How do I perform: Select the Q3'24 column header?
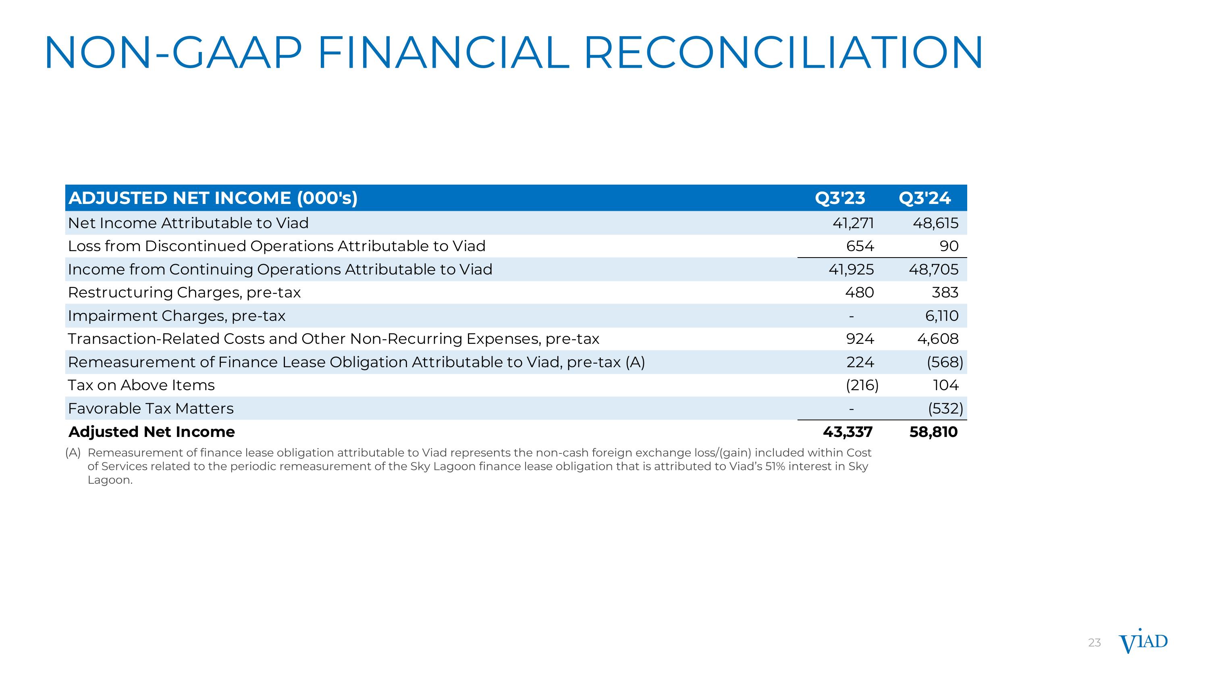(x=924, y=198)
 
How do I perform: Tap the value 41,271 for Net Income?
(x=853, y=223)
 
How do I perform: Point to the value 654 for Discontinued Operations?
(x=860, y=246)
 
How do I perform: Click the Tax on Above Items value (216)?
(x=862, y=385)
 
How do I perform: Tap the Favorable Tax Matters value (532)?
(x=945, y=408)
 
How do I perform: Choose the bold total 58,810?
(x=933, y=432)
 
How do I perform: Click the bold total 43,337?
(x=848, y=432)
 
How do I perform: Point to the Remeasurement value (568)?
(x=945, y=362)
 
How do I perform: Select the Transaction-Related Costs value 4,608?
(x=938, y=339)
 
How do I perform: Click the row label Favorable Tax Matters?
(x=151, y=408)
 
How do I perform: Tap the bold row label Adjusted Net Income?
(x=152, y=432)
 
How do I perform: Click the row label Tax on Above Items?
(x=141, y=385)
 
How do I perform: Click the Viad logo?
(x=1143, y=642)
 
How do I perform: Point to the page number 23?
(x=1094, y=643)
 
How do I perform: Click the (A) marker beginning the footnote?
(x=73, y=453)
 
